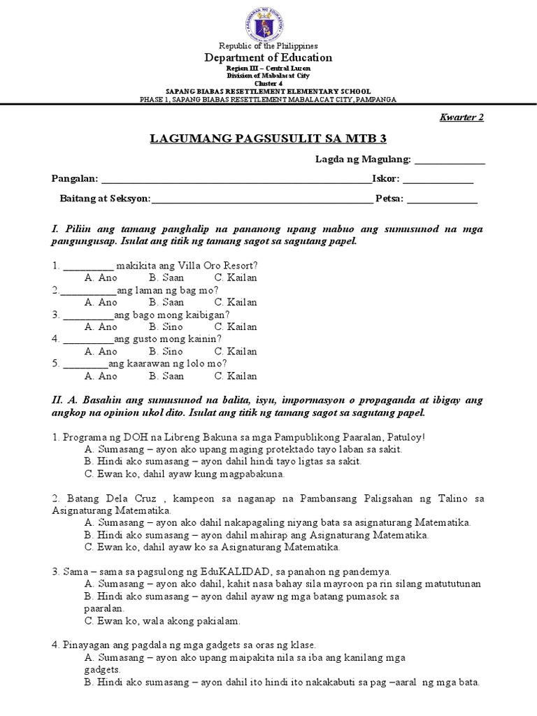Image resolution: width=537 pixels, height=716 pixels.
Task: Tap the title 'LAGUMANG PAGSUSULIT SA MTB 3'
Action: [268, 140]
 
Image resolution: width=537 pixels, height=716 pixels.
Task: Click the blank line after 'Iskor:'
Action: [438, 180]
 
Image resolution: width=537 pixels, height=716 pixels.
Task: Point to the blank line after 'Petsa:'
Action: [442, 199]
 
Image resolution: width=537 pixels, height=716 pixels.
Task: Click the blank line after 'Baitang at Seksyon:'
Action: [262, 199]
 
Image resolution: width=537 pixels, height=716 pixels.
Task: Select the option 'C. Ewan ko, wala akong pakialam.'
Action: [162, 620]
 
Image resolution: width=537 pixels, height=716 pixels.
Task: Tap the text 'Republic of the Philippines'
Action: [268, 45]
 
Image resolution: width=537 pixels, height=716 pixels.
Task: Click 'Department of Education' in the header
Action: [268, 58]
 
